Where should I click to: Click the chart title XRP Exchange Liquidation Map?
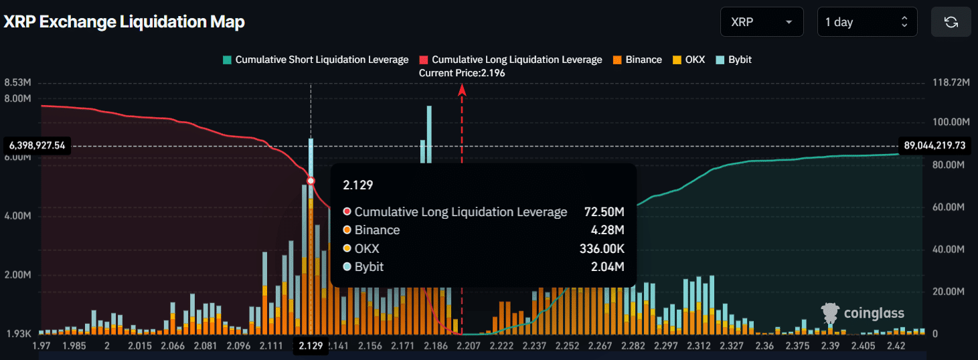[x=125, y=22]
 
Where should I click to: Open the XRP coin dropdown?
[x=762, y=22]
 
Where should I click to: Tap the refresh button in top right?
[x=951, y=22]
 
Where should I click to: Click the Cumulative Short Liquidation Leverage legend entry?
[x=315, y=60]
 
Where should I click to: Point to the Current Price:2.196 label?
[x=462, y=73]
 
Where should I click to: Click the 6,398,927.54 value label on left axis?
[x=37, y=145]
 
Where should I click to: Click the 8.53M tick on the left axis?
[x=17, y=82]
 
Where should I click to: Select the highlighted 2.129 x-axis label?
[x=311, y=346]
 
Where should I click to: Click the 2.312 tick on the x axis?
[x=698, y=346]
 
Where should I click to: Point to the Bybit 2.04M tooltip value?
[x=610, y=267]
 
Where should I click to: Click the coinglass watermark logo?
[x=863, y=312]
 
